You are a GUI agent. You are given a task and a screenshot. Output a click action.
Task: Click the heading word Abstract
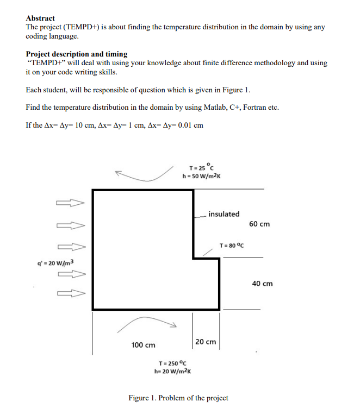(40, 18)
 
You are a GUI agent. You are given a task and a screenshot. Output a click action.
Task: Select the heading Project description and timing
(77, 54)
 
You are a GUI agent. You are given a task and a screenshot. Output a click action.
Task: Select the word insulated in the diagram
(224, 214)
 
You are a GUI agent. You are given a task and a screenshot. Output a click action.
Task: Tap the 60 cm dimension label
(260, 224)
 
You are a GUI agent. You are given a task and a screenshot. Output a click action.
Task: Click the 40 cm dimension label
(263, 284)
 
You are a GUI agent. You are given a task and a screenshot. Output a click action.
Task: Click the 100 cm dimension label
(143, 344)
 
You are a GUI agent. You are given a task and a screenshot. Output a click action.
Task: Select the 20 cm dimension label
(206, 342)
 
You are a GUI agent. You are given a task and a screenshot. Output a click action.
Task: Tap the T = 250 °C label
(172, 363)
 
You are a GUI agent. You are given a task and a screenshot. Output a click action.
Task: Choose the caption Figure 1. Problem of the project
(178, 398)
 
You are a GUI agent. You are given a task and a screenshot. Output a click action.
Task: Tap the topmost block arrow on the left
(70, 203)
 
